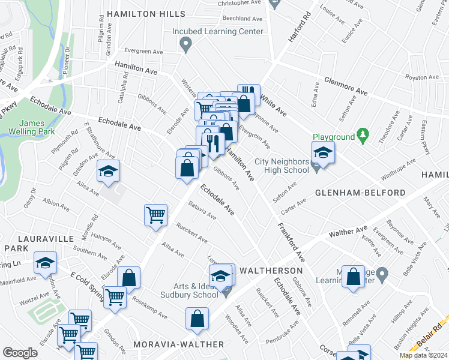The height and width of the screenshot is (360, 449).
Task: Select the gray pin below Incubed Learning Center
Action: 186,43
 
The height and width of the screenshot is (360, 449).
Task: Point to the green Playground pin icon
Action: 362,136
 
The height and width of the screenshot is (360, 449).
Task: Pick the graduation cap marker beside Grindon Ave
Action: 109,172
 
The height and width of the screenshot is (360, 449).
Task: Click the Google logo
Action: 20,353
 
